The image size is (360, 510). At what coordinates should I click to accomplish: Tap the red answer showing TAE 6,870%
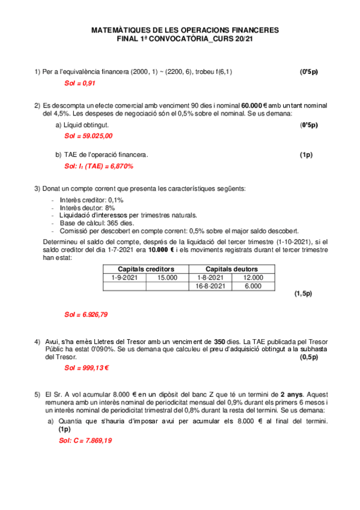[99, 166]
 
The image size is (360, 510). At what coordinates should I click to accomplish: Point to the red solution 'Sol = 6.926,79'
[86, 315]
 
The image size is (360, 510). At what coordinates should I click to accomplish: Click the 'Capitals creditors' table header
[146, 269]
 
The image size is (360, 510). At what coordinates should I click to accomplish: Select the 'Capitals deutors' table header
[232, 269]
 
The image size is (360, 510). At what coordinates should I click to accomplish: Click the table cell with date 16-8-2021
[210, 286]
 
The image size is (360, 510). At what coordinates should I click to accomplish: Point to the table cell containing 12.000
[253, 277]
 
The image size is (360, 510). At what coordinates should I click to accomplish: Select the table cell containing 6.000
[253, 286]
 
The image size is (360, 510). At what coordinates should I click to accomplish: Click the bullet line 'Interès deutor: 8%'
[87, 207]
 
